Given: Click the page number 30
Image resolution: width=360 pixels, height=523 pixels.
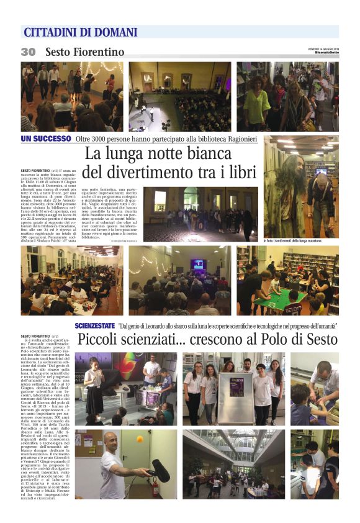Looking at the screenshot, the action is [28, 52].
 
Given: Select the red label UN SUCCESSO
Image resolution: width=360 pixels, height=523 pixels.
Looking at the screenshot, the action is [47, 138].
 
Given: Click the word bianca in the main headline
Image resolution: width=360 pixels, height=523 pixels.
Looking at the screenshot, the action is [204, 152].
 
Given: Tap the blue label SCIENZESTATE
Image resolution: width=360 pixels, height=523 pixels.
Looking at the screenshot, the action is [94, 325].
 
